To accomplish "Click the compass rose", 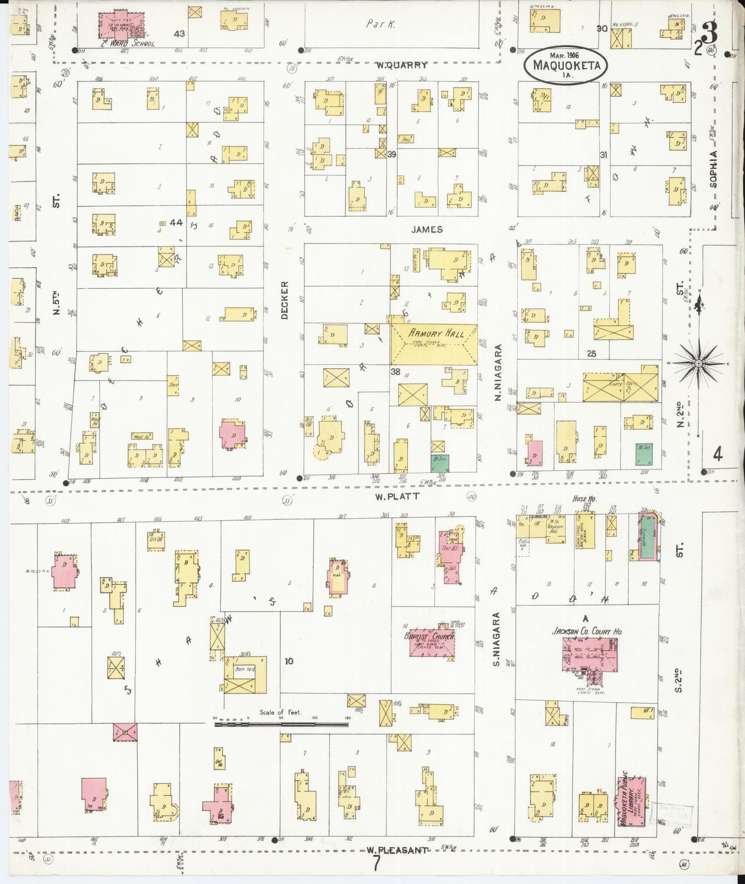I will coord(698,363).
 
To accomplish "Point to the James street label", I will coord(426,229).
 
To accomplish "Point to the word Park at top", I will coord(380,24).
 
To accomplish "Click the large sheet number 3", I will coord(710,36).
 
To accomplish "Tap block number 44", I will coord(176,223).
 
